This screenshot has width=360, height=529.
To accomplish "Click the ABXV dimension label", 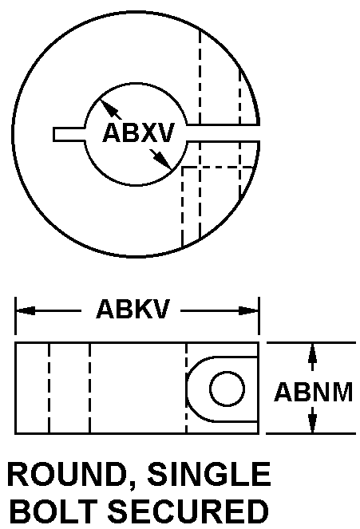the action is coord(138,132).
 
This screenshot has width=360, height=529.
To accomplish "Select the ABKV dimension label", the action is coord(133,309).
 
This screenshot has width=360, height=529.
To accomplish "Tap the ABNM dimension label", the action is coord(313,392).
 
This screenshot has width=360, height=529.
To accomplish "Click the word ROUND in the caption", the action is coord(65,474).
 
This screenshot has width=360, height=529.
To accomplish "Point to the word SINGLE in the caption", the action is coord(209,474).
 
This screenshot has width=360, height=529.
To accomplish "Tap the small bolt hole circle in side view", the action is coord(227,389).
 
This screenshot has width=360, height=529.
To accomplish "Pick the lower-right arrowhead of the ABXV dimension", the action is coord(164,161).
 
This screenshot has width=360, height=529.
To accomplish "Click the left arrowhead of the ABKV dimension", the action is coord(26,310).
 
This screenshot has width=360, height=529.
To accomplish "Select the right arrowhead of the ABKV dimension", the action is coord(249,310).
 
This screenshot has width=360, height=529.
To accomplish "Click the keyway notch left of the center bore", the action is coord(69,134).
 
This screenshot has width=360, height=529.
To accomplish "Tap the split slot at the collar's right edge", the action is coord(223,133).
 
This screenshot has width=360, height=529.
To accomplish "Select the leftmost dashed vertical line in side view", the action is coord(49,388).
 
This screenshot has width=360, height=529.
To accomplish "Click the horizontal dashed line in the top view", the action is coord(218,167).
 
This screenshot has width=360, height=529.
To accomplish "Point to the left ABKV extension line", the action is coord(15,316).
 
